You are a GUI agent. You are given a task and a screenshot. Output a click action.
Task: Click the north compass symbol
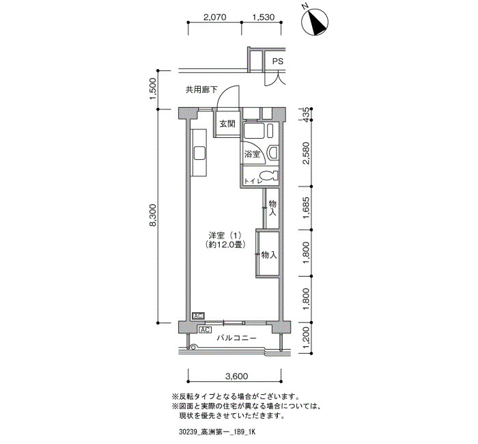coord(315,22)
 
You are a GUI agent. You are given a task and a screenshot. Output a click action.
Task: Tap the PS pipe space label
coord(277,61)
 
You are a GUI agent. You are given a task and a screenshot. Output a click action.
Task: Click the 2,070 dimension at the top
coord(214,17)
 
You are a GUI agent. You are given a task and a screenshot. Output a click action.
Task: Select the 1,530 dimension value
coord(264,17)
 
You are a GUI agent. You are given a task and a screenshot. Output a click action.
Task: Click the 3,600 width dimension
coord(236,376)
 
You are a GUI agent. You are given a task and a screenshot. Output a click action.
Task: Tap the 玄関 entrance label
coord(227,124)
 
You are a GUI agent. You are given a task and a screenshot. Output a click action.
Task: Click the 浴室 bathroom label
coord(252,154)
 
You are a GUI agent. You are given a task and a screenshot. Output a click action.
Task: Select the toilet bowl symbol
coord(270,176)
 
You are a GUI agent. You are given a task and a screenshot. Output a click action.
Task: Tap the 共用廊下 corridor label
coord(201,89)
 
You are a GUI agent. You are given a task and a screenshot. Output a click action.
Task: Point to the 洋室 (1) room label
coord(225,236)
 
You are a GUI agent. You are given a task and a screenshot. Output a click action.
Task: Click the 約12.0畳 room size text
coord(225,245)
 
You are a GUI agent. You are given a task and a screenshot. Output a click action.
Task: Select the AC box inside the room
coord(198,316)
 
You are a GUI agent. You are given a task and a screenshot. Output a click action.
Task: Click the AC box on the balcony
coord(205,330)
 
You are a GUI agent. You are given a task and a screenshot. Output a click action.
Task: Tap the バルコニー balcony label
coord(236,338)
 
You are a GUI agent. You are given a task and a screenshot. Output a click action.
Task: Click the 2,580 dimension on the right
coord(306,153)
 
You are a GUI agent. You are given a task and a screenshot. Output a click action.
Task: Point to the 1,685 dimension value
coord(306,208)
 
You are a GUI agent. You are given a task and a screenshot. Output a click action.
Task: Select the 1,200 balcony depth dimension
coord(306,339)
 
